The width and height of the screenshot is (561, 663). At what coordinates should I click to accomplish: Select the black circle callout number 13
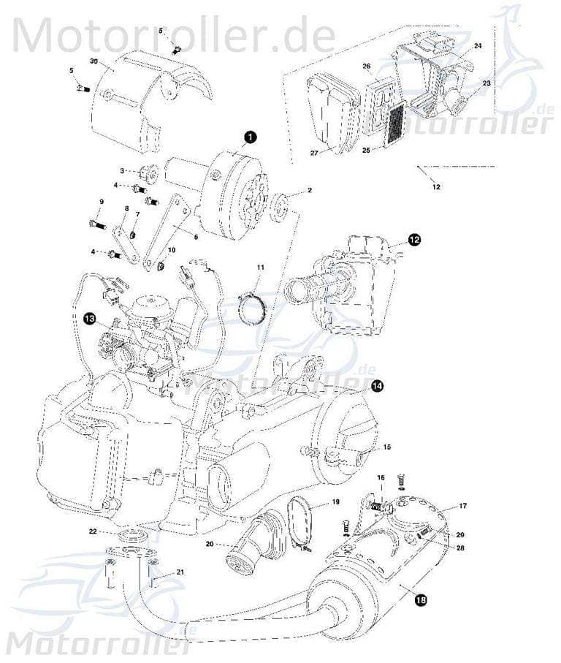[89, 318]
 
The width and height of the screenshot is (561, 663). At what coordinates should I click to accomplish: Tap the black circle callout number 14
[377, 387]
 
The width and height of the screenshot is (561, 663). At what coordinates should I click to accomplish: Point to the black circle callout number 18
[420, 600]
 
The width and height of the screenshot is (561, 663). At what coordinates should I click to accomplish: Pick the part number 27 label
[314, 153]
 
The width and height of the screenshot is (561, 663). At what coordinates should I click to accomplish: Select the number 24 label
[478, 46]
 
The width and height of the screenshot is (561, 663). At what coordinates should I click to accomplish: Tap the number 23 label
[486, 83]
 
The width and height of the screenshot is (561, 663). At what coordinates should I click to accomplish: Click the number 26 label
[367, 67]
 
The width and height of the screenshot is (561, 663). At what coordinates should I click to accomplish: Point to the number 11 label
[260, 269]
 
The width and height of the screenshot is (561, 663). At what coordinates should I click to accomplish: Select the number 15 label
[387, 447]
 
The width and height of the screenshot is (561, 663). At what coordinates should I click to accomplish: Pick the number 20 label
[210, 544]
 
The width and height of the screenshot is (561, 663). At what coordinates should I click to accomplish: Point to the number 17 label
[462, 506]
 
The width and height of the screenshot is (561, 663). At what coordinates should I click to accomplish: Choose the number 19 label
[335, 502]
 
